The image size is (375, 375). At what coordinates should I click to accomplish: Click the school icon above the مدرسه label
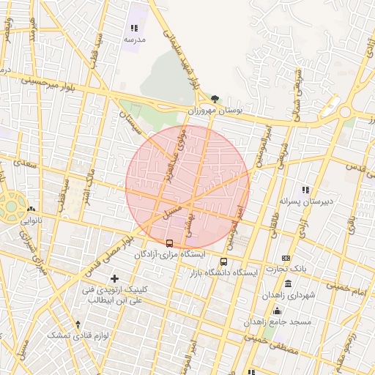tap(134, 28)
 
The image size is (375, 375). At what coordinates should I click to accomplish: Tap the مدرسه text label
tap(134, 39)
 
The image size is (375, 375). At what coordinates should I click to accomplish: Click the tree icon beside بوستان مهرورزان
tap(215, 99)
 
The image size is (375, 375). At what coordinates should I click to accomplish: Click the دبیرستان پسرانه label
tap(306, 200)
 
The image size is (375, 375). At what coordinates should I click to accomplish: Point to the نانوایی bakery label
tap(31, 219)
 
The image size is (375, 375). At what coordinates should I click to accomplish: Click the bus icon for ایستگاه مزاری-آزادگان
tap(170, 242)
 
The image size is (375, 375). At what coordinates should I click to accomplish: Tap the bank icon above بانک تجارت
tap(286, 258)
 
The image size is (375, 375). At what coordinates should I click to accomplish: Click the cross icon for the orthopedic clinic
tap(114, 278)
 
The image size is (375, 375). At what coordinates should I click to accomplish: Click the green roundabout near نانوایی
tap(12, 206)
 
